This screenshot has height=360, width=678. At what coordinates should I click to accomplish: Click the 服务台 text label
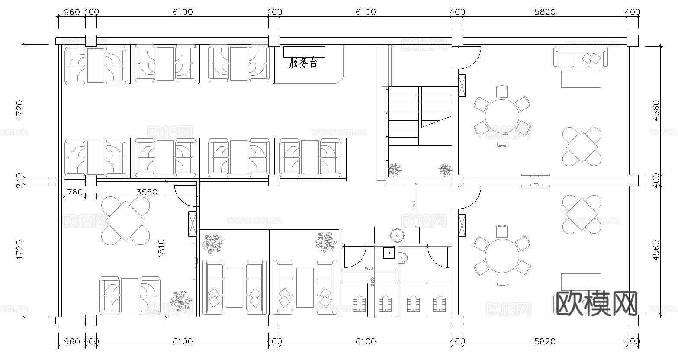[303, 64]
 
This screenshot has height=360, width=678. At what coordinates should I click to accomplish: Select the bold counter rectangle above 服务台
[304, 51]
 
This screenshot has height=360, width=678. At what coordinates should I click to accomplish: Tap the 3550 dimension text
[147, 192]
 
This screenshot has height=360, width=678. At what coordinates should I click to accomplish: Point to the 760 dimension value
[75, 192]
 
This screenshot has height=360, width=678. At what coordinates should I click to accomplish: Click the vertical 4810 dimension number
[161, 249]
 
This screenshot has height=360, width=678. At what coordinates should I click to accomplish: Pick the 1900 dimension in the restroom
[368, 268]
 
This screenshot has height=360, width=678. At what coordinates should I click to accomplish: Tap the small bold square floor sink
[389, 252]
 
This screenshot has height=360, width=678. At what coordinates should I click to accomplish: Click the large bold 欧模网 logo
[596, 303]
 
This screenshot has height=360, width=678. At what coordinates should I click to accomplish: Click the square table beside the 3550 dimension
[125, 220]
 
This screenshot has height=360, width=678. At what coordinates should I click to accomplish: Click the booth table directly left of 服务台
[239, 64]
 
